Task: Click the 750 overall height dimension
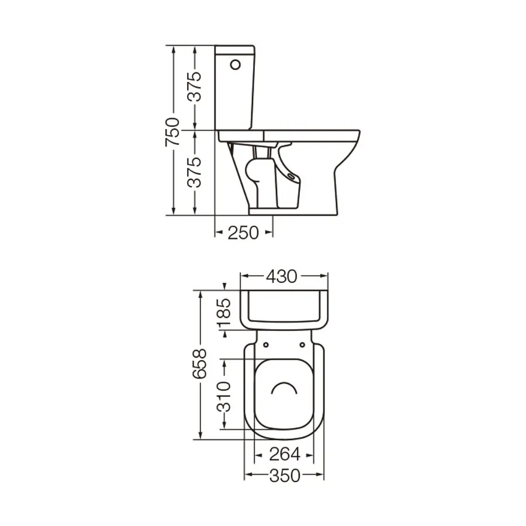pyautogui.click(x=172, y=132)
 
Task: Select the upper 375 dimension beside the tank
pyautogui.click(x=195, y=86)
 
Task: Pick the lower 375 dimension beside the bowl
pyautogui.click(x=195, y=172)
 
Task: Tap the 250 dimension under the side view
pyautogui.click(x=243, y=233)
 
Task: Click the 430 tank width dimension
pyautogui.click(x=282, y=276)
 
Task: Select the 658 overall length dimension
pyautogui.click(x=200, y=364)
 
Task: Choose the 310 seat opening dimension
pyautogui.click(x=224, y=396)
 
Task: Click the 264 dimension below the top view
pyautogui.click(x=285, y=455)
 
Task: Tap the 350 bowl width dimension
pyautogui.click(x=285, y=476)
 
